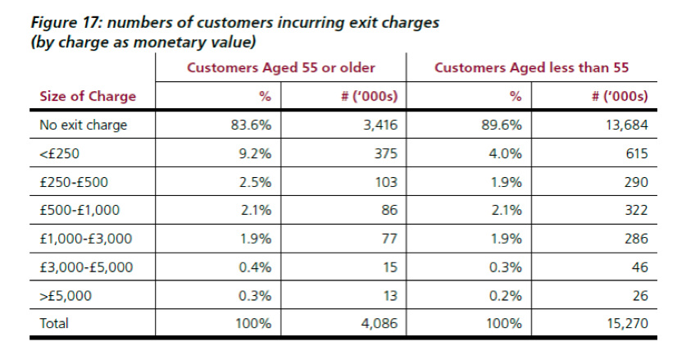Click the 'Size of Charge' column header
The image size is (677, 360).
(88, 97)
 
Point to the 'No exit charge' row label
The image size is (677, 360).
(84, 125)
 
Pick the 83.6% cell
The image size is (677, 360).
(251, 125)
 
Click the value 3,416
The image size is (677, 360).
(378, 125)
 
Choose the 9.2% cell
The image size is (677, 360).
(255, 154)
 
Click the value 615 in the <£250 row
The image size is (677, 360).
(636, 154)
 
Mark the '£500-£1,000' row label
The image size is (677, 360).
(80, 211)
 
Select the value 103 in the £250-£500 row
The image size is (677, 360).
(386, 182)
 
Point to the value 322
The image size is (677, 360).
(636, 211)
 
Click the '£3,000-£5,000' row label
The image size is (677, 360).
(86, 267)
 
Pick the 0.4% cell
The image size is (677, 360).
(255, 267)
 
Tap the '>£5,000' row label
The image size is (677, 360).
(63, 295)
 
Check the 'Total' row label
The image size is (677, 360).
(55, 324)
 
